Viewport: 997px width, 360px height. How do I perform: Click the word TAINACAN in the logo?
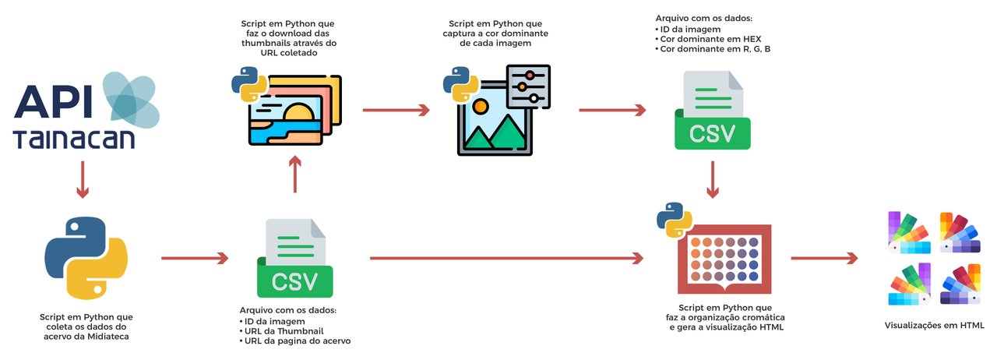click(x=74, y=139)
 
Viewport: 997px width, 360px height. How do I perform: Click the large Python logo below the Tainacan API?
click(x=86, y=257)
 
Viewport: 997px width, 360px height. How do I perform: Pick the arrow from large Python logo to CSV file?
click(x=195, y=258)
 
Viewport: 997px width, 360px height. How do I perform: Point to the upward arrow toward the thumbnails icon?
click(x=294, y=173)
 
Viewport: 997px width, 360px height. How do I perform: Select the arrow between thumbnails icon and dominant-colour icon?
click(x=396, y=111)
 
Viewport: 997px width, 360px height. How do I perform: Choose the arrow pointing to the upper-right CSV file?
click(x=612, y=111)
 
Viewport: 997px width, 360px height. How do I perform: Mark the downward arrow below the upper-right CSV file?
click(x=712, y=180)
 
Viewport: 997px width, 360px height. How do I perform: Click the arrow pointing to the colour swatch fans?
click(x=823, y=258)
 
